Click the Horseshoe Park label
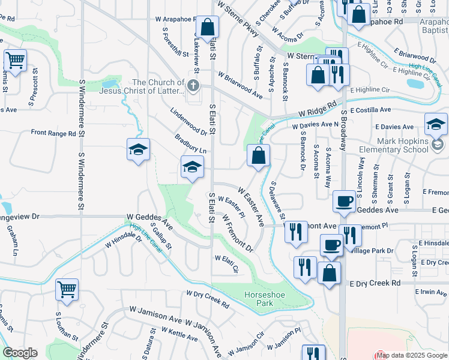[258, 298]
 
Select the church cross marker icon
[193, 85]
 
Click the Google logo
[20, 353]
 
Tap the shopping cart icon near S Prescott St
[15, 60]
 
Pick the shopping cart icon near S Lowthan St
[67, 289]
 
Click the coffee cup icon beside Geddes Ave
[344, 202]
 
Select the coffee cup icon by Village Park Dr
[331, 245]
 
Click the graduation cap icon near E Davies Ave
[436, 124]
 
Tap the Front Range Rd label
[53, 133]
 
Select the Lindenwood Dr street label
[188, 123]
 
